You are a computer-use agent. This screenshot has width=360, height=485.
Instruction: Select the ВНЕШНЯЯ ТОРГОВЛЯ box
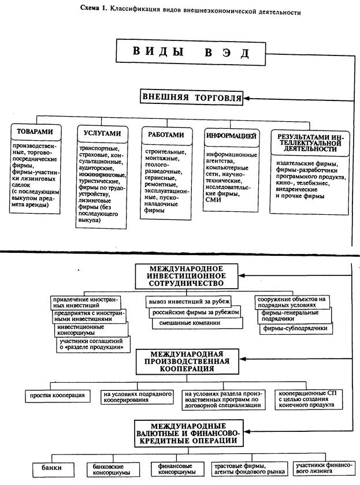pyautogui.click(x=191, y=98)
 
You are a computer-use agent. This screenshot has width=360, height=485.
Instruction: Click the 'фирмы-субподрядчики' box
pyautogui.click(x=296, y=328)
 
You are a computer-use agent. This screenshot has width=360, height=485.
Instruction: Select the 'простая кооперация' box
pyautogui.click(x=58, y=396)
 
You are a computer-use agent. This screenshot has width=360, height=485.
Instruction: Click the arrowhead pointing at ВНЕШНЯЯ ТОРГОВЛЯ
pyautogui.click(x=247, y=98)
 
